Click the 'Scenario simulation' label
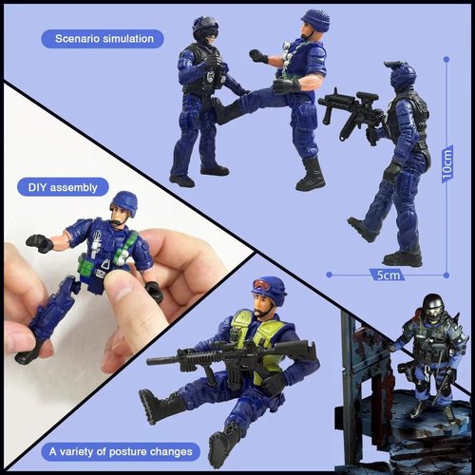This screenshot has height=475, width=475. point(103,39)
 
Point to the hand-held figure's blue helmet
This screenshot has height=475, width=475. point(124,202)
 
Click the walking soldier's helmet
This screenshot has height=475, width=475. point(402,74)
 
